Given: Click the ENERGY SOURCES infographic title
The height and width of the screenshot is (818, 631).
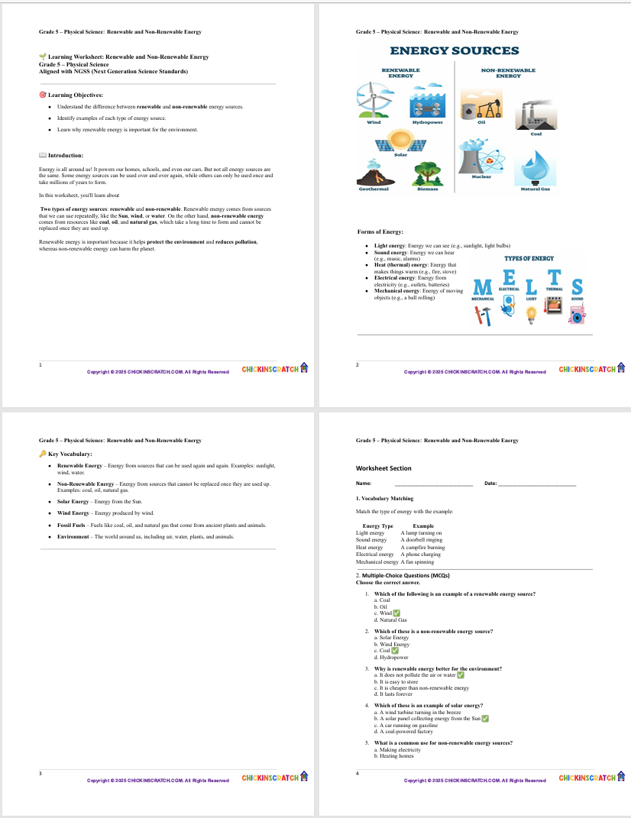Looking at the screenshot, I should [454, 51].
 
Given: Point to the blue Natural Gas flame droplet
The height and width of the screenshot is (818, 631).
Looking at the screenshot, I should [534, 170].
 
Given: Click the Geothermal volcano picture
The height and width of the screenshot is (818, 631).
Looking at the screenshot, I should [374, 173].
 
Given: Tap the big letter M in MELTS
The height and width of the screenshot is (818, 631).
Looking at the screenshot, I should [483, 287].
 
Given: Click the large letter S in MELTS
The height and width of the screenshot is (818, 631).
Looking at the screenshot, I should [577, 287].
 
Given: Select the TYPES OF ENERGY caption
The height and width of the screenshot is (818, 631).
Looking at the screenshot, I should [529, 259].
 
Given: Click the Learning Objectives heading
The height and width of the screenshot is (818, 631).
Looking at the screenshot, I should [75, 95].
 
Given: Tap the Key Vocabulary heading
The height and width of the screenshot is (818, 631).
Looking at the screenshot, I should [74, 454].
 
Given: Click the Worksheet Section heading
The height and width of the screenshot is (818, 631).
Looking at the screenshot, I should [383, 468].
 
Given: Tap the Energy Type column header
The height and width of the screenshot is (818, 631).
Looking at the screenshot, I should [377, 526].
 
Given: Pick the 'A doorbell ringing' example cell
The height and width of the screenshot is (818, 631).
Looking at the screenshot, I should [421, 540].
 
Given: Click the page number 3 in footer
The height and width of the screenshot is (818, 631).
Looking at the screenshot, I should [40, 774].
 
